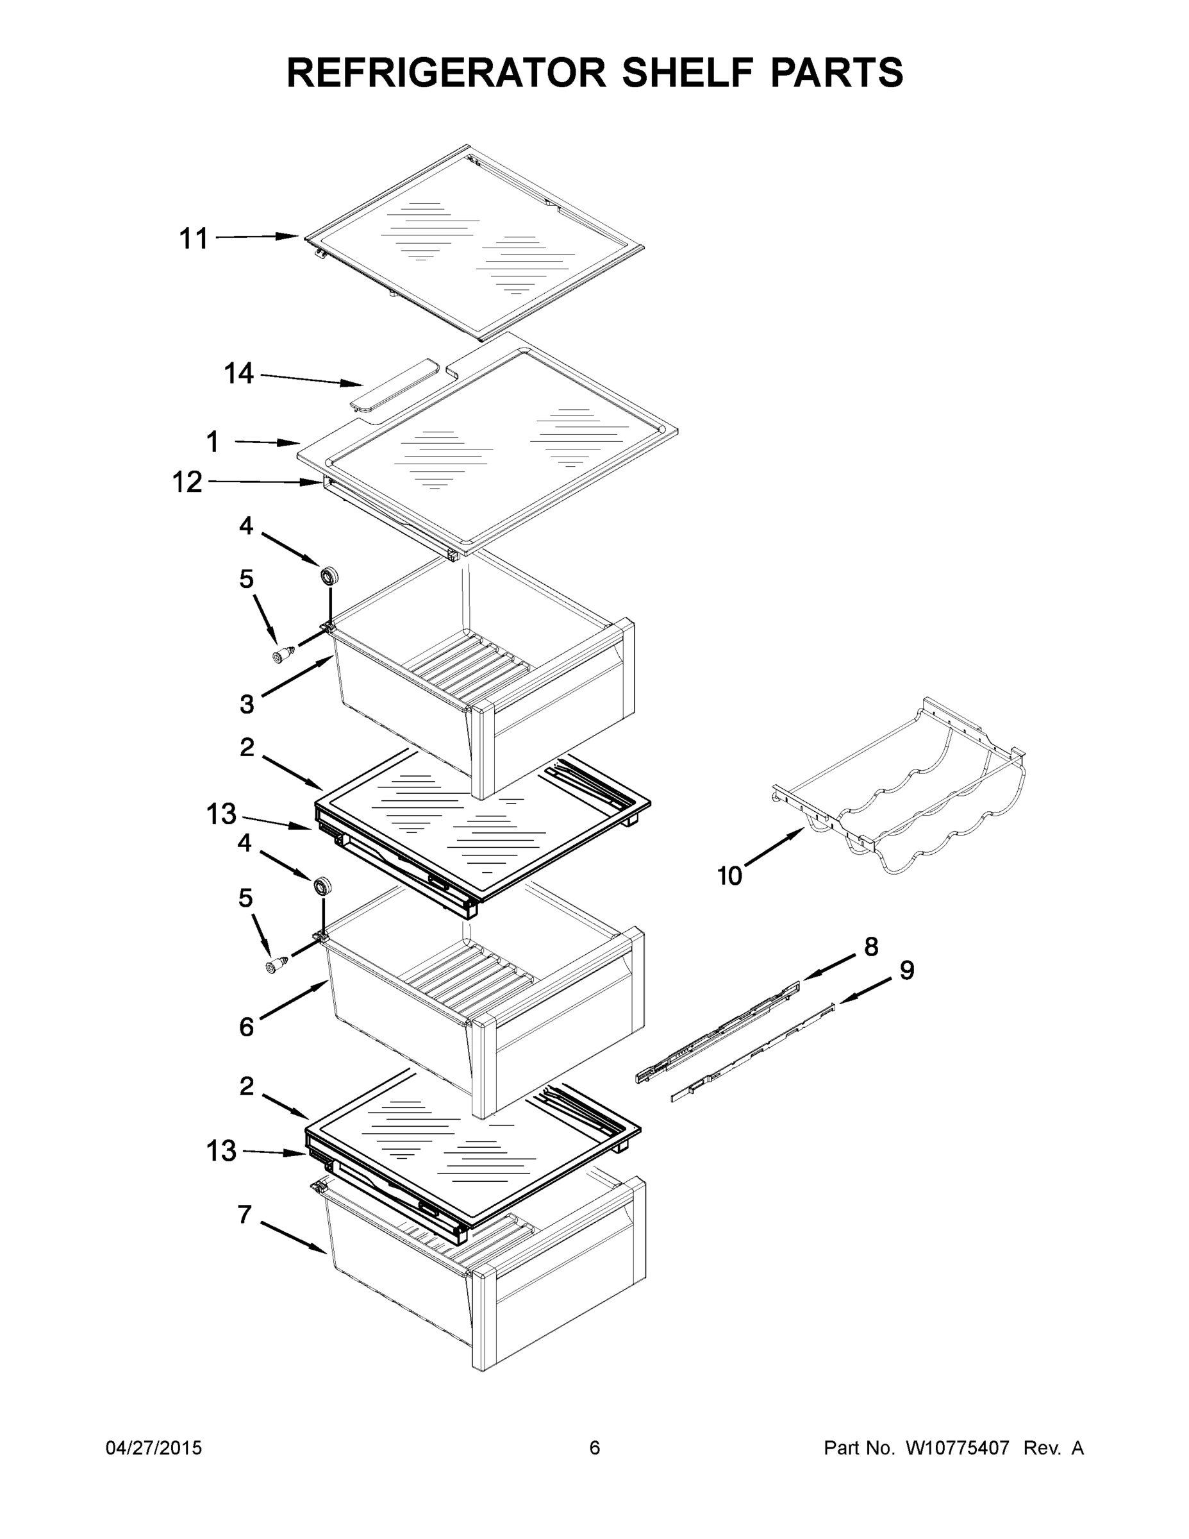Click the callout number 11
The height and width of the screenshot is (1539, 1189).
193,239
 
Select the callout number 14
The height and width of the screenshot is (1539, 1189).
239,373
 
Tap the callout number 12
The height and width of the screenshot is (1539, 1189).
187,483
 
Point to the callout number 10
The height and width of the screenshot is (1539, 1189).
729,876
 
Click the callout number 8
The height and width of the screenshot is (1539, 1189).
871,946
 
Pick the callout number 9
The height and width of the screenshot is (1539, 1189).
906,970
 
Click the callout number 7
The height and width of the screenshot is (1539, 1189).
244,1214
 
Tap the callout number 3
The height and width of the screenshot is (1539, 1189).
246,703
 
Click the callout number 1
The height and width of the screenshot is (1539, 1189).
212,442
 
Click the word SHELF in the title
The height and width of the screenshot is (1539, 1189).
688,72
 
